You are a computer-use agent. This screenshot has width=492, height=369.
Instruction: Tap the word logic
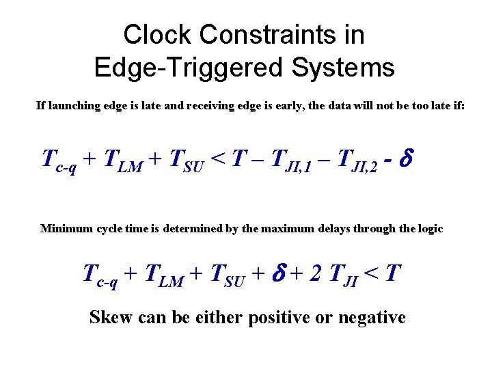pyautogui.click(x=426, y=228)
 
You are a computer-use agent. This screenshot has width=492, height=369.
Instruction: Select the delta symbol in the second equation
pyautogui.click(x=279, y=273)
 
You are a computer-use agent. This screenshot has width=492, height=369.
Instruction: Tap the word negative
pyautogui.click(x=374, y=318)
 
